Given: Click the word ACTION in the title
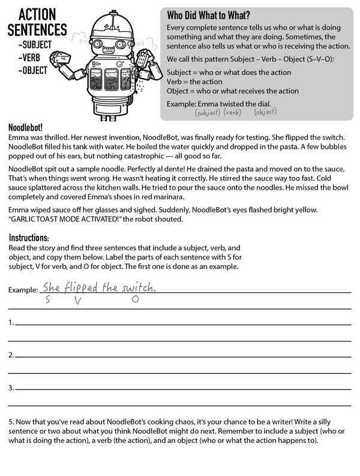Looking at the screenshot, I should tap(37, 14).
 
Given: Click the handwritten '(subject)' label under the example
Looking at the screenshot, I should tap(208, 112).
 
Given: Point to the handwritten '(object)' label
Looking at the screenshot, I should tap(265, 112).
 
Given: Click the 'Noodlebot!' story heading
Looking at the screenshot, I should tap(25, 128).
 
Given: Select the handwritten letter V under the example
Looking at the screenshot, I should tap(77, 300).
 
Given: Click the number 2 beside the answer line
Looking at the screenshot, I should tap(11, 355).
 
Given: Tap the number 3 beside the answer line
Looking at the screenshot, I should tap(11, 388).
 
